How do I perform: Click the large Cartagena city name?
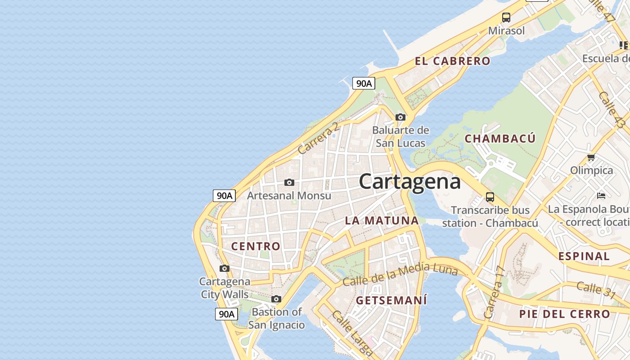410,182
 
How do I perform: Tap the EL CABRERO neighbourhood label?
452,61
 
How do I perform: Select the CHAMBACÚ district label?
500,139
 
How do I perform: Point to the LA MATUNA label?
382,220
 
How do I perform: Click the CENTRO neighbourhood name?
256,246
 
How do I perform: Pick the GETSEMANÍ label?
391,300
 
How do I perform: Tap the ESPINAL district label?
584,256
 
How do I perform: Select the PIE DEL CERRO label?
565,314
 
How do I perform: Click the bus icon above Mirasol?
506,18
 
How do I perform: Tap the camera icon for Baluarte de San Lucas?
400,117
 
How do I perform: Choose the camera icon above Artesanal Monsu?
289,182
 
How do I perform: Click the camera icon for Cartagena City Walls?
224,269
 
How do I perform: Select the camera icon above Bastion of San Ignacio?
276,299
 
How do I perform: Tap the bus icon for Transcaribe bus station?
490,197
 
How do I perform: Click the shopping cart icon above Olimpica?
591,157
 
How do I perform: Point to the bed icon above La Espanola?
601,195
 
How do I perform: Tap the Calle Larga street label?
352,332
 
